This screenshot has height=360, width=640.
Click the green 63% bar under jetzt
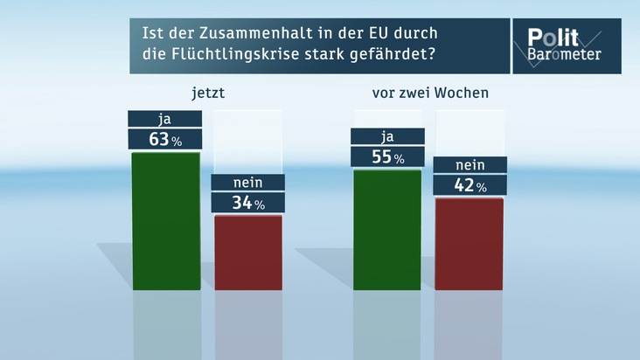(x=166, y=221)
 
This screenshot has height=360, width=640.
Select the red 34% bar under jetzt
(x=248, y=253)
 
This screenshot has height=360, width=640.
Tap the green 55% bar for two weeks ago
(x=386, y=231)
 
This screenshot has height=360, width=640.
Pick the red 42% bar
(x=470, y=244)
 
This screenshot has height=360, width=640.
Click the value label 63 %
(x=166, y=139)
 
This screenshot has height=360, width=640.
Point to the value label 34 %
(x=248, y=203)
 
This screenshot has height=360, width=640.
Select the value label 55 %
(x=386, y=157)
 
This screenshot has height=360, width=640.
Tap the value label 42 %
(x=470, y=185)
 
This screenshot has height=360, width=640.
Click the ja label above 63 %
(x=166, y=118)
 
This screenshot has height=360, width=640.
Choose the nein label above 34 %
(x=248, y=182)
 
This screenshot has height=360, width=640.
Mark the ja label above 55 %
(x=386, y=136)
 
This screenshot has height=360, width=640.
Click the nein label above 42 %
(x=470, y=165)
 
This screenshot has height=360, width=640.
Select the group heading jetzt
(x=208, y=93)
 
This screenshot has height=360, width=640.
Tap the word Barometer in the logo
(x=565, y=54)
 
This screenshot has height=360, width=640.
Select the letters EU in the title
(x=374, y=34)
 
